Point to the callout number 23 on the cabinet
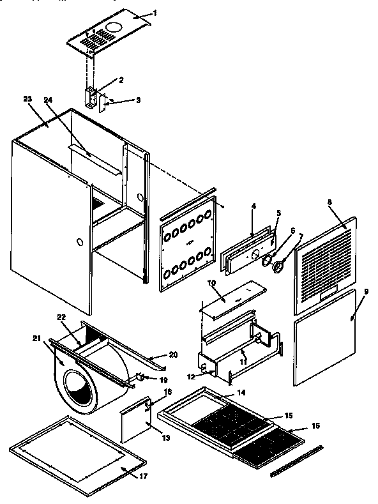click(27, 99)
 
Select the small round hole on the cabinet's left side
click(79, 243)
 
